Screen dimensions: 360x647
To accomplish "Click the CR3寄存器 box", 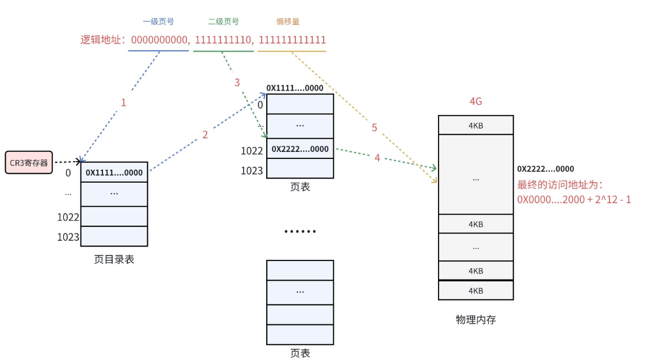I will pyautogui.click(x=29, y=163).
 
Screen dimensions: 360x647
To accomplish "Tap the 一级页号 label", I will pyautogui.click(x=158, y=22).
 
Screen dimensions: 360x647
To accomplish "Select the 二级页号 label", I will pyautogui.click(x=223, y=22).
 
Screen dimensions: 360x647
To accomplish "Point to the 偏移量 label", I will pyautogui.click(x=288, y=22).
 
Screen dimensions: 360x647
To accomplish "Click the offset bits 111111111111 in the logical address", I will pyautogui.click(x=292, y=40).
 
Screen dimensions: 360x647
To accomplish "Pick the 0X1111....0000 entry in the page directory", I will pyautogui.click(x=114, y=172).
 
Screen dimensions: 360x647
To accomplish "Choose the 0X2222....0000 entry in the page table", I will pyautogui.click(x=300, y=149).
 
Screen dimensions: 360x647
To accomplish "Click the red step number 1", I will pyautogui.click(x=124, y=103).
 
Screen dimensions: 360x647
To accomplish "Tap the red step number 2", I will pyautogui.click(x=205, y=135).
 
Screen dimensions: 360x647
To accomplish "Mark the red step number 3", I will pyautogui.click(x=237, y=83).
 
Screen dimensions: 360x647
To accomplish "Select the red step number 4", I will pyautogui.click(x=377, y=158).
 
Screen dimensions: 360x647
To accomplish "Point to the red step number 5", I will pyautogui.click(x=375, y=128).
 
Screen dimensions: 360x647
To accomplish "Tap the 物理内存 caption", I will pyautogui.click(x=476, y=320).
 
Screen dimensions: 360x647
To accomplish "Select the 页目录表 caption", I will pyautogui.click(x=114, y=259).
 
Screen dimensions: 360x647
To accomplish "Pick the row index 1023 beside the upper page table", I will pyautogui.click(x=251, y=170).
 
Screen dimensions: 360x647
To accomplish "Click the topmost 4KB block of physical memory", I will pyautogui.click(x=476, y=126).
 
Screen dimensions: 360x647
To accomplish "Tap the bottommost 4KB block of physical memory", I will pyautogui.click(x=476, y=291).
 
